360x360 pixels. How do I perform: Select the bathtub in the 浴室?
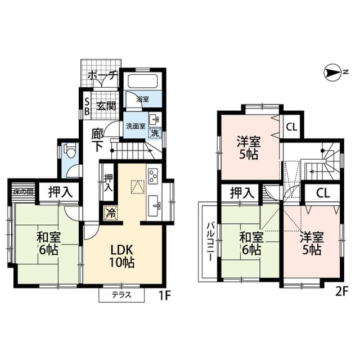(x=142, y=80)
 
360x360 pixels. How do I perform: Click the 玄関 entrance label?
(x=105, y=105)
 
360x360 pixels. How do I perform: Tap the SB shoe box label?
(x=87, y=106)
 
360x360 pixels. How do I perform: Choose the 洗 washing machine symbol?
(x=155, y=134)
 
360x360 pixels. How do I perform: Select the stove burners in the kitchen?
(x=154, y=176)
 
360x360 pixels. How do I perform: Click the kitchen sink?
(x=154, y=203)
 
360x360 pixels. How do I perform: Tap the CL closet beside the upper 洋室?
(x=291, y=127)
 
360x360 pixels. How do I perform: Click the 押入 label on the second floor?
(x=242, y=193)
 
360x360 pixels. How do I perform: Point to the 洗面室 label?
(x=135, y=126)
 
